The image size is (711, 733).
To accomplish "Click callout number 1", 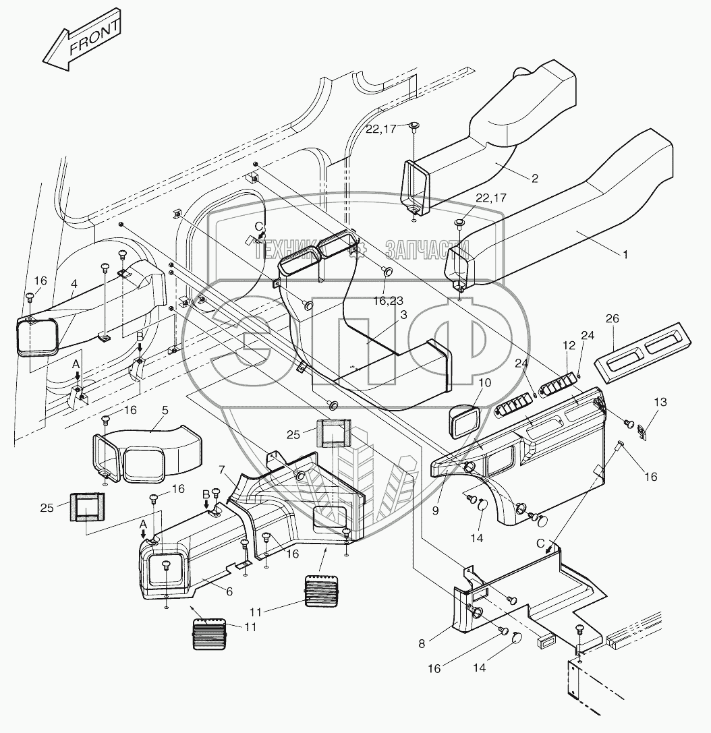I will click(625, 255).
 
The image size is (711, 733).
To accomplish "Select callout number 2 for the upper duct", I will click(534, 179).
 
